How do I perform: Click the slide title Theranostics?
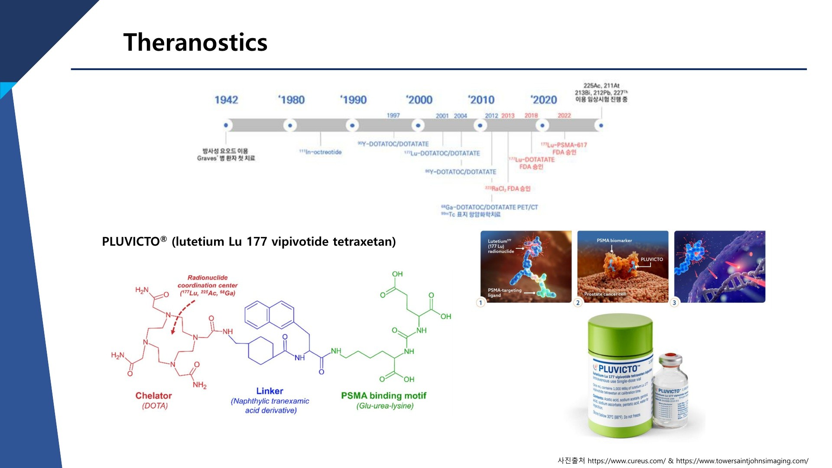pos(195,42)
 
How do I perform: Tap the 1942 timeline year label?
pos(226,100)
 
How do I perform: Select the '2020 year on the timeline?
pos(544,100)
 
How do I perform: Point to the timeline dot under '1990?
pos(352,126)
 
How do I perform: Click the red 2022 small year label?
pos(564,116)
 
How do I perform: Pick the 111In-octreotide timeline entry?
pos(320,152)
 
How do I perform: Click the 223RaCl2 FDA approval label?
pos(507,188)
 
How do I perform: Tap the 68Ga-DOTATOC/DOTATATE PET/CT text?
pos(489,207)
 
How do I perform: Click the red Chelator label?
pos(153,396)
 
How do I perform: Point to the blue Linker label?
pos(270,391)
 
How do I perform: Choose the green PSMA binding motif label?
pos(383,396)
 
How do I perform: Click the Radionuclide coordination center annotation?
pos(208,285)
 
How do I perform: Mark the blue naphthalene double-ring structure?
pos(269,315)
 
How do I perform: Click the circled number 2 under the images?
pos(578,302)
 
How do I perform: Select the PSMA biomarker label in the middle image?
pos(614,240)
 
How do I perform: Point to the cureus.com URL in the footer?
pos(626,461)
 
